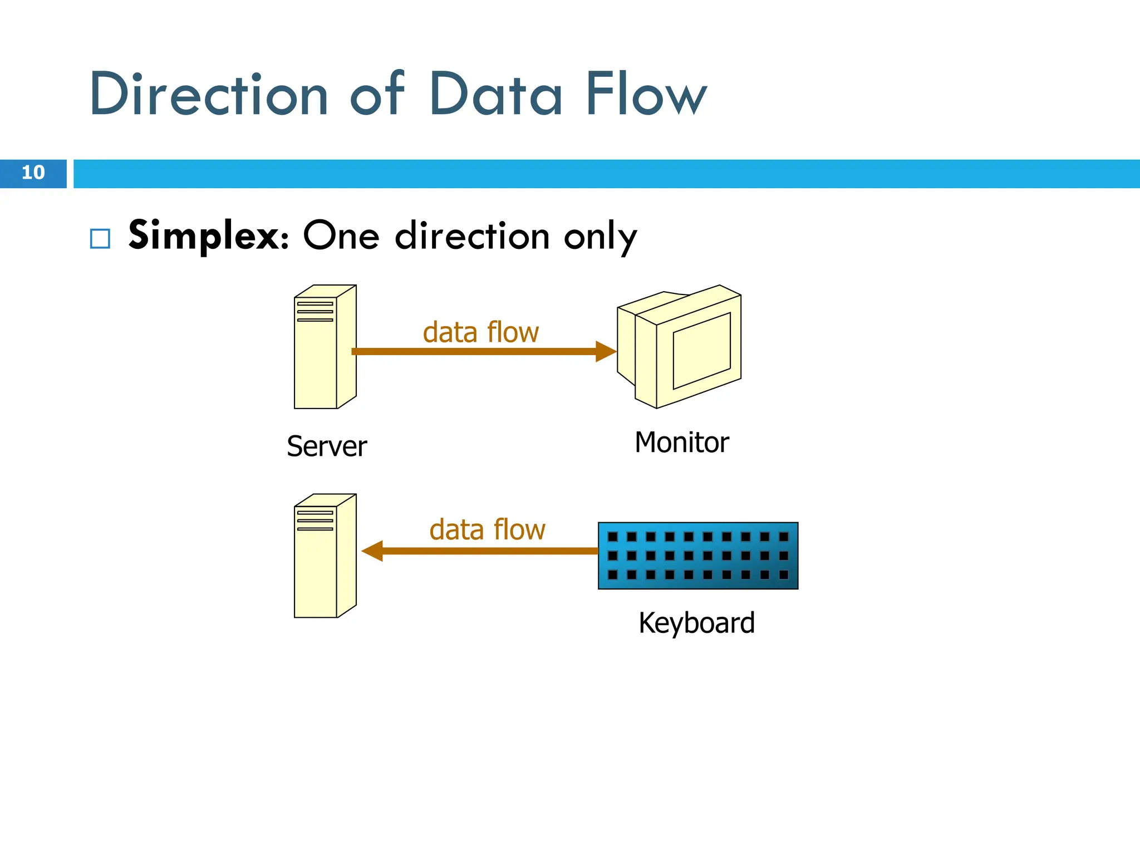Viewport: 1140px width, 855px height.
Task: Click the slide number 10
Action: pyautogui.click(x=33, y=173)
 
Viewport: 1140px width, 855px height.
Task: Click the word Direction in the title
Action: pyautogui.click(x=209, y=95)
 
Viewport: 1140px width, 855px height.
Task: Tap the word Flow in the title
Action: pyautogui.click(x=646, y=95)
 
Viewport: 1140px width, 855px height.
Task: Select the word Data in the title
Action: pyautogui.click(x=495, y=95)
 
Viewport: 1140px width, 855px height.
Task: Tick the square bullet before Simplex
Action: pyautogui.click(x=100, y=239)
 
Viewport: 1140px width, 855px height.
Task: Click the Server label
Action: pyautogui.click(x=327, y=446)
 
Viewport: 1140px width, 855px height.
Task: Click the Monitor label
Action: pyautogui.click(x=681, y=443)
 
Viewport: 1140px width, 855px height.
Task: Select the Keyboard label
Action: pyautogui.click(x=696, y=623)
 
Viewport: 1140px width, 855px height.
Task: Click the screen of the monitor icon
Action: pyautogui.click(x=701, y=351)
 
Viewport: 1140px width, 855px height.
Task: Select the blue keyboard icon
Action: pyautogui.click(x=698, y=556)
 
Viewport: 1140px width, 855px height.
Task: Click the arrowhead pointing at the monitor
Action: pyautogui.click(x=606, y=351)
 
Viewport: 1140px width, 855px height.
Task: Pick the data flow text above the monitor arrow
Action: pyautogui.click(x=480, y=332)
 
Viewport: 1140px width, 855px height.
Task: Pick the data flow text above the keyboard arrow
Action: pyautogui.click(x=487, y=529)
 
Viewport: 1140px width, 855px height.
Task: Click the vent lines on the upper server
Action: pyautogui.click(x=315, y=312)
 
